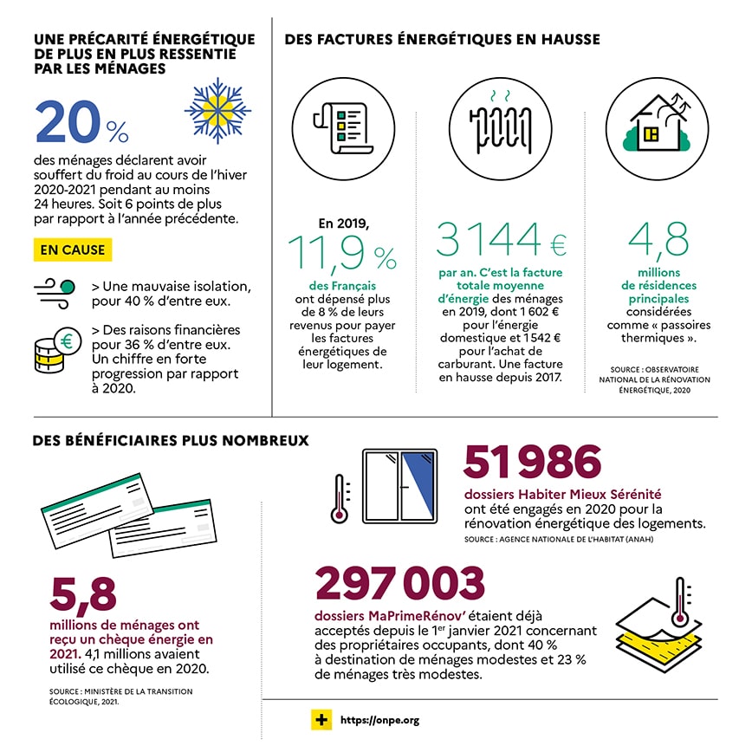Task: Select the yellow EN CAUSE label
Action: coord(73,250)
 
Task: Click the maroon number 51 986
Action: coord(532,460)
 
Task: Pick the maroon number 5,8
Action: coord(82,593)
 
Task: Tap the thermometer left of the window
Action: coord(340,499)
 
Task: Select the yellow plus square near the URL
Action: coord(321,720)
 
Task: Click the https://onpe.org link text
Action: coord(379,720)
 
